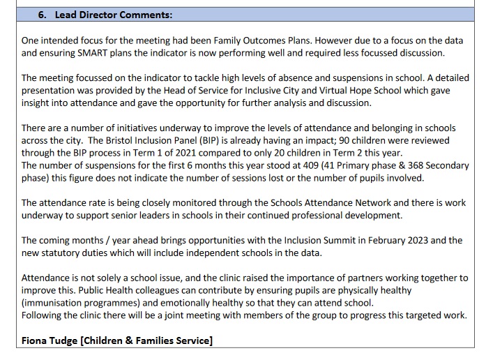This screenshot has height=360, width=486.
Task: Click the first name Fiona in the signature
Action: click(35, 340)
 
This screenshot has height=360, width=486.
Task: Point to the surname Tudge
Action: click(65, 340)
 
